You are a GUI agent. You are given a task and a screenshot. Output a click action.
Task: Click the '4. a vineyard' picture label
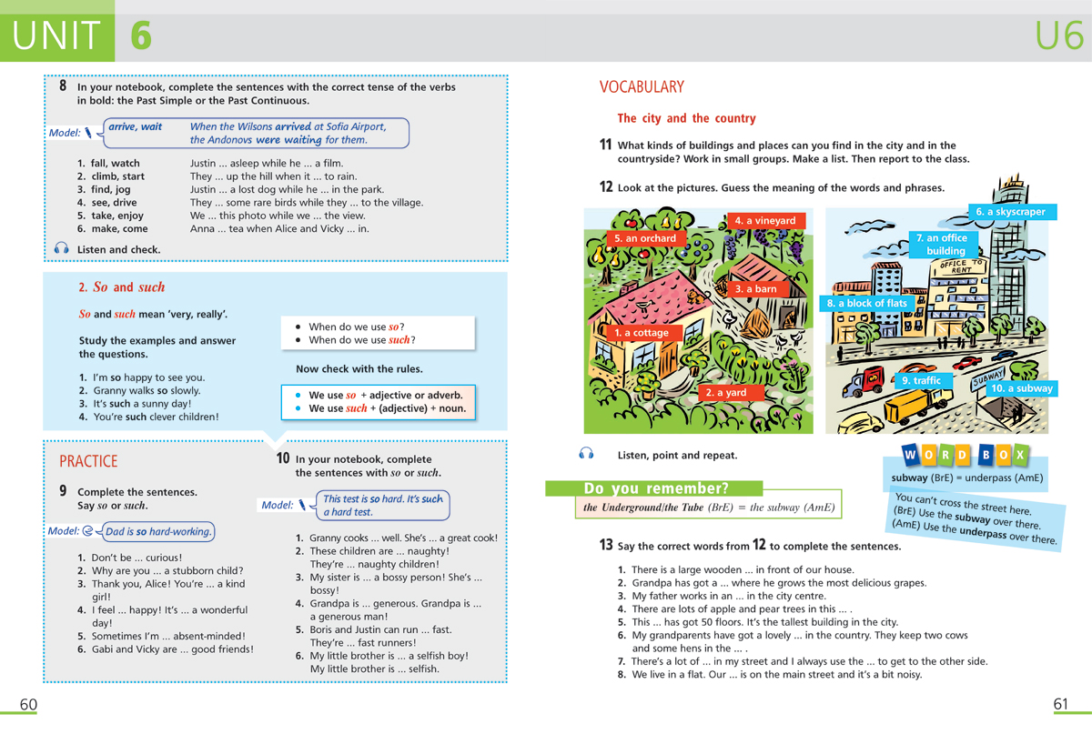764,220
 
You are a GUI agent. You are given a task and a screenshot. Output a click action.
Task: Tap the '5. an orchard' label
645,238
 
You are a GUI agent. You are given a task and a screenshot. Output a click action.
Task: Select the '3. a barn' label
755,289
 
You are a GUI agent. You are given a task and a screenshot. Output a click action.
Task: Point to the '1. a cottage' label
641,333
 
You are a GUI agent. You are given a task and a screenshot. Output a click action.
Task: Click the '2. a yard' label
725,393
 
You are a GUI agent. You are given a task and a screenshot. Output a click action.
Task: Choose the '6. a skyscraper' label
1010,212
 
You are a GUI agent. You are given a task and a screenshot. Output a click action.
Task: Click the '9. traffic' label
920,380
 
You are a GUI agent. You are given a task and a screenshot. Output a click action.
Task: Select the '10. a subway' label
1021,388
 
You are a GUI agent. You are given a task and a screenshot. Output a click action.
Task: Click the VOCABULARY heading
641,87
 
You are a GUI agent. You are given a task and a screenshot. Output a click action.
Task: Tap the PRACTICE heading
88,461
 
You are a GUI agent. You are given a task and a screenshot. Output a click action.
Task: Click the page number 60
28,705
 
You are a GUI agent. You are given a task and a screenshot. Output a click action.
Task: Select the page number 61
1061,705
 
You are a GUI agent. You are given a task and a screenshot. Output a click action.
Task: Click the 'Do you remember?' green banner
655,488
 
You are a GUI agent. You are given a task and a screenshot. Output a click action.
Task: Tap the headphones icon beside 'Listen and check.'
61,249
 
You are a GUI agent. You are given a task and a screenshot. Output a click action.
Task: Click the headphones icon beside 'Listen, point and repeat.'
586,454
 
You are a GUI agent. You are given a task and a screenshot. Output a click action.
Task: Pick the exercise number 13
605,546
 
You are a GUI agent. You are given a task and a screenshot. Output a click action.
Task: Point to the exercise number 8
63,86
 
